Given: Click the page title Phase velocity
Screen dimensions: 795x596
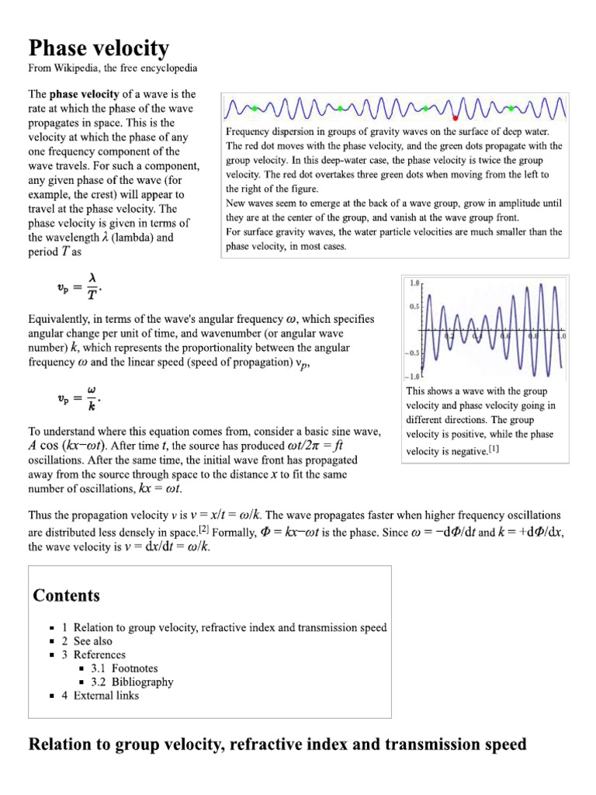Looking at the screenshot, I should coord(99,49).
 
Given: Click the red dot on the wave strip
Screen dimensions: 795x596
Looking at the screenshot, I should coord(456,117).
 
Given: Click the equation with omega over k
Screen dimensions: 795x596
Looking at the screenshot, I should coord(78,398).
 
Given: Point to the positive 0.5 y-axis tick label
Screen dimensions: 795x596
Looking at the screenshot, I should coord(413,307).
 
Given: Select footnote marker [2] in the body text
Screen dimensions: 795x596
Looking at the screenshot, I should coord(204,529).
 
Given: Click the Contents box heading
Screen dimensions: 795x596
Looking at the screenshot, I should coord(66,595).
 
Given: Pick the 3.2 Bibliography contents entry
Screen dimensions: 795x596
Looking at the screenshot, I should coord(142,682).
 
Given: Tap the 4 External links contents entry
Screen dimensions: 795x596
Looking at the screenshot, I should coord(106,696).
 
